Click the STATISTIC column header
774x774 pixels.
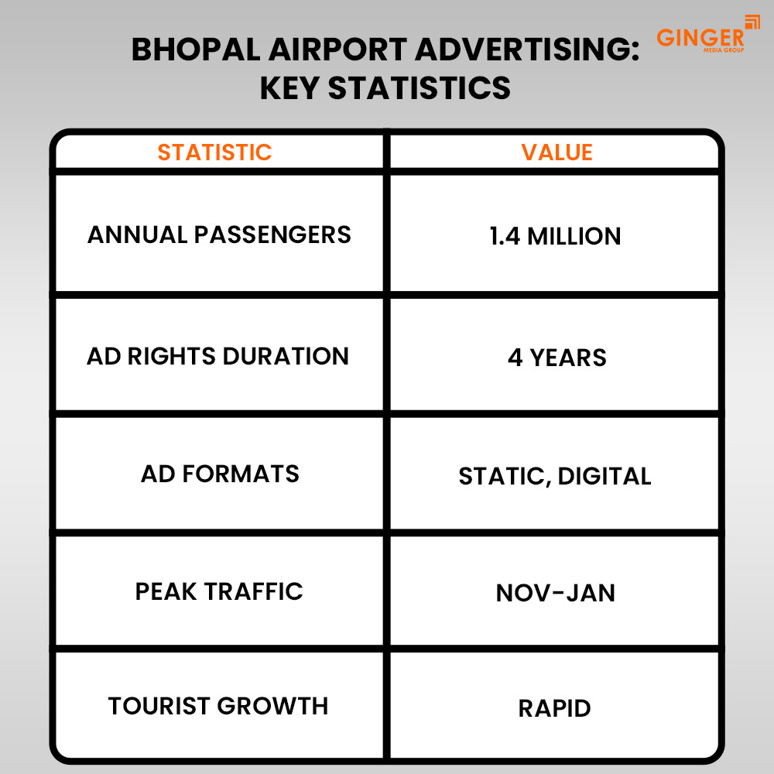pos(214,152)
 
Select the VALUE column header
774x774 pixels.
pos(557,152)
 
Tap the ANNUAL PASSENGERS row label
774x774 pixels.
pos(219,235)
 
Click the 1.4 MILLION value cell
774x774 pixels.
pos(555,236)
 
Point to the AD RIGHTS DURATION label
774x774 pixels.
pos(218,356)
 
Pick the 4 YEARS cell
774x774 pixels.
pos(557,358)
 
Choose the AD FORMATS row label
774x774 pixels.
pos(220,474)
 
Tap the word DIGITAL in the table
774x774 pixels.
pos(604,476)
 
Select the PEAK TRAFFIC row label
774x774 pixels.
pos(219,591)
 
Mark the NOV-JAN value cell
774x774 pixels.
pos(556,593)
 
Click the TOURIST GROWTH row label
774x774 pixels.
pos(218,706)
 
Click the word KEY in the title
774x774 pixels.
pos(289,87)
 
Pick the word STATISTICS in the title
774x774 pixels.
pos(420,87)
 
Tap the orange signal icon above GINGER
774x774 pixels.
pos(752,22)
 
